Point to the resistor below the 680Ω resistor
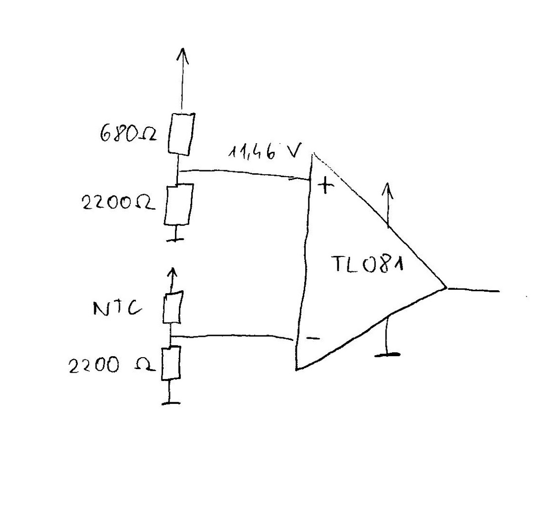pyautogui.click(x=177, y=204)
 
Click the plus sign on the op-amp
pyautogui.click(x=325, y=187)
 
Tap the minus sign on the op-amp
pyautogui.click(x=313, y=338)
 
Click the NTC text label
pyautogui.click(x=116, y=309)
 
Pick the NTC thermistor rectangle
pyautogui.click(x=172, y=307)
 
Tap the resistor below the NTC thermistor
pyautogui.click(x=170, y=363)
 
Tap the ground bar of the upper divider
pyautogui.click(x=174, y=239)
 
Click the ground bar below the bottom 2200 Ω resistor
pyautogui.click(x=170, y=403)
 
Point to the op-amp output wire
pyautogui.click(x=473, y=289)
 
